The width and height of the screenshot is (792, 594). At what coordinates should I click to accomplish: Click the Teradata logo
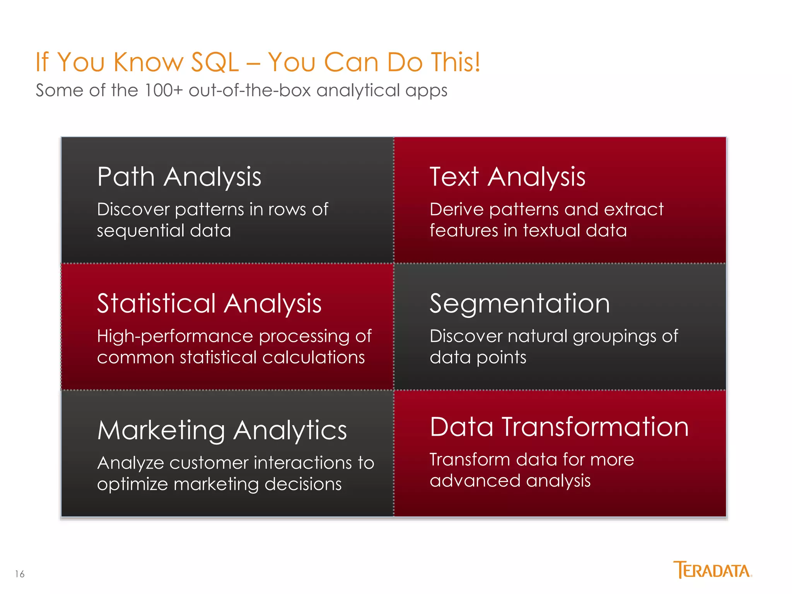(712, 570)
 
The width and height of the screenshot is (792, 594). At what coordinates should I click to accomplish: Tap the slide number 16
(20, 574)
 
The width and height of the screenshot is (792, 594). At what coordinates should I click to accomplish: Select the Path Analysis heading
(179, 177)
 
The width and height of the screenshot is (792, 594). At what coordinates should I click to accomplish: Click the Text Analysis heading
(507, 177)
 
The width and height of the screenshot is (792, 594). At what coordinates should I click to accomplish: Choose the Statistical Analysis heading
(209, 304)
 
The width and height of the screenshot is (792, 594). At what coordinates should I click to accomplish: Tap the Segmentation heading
(520, 304)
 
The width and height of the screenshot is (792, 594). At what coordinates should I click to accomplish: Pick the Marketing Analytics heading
(222, 430)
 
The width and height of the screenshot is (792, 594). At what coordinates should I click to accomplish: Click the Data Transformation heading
(559, 427)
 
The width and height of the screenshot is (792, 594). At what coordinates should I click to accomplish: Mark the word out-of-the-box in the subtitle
(250, 90)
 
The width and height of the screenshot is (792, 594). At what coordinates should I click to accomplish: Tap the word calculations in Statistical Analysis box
(313, 358)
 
